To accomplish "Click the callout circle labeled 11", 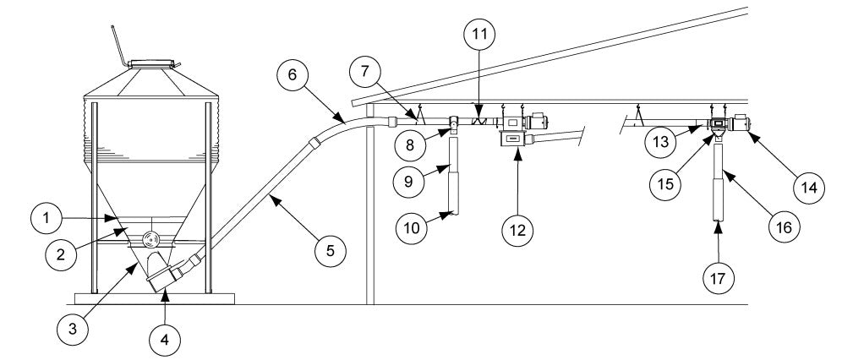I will (480, 35).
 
